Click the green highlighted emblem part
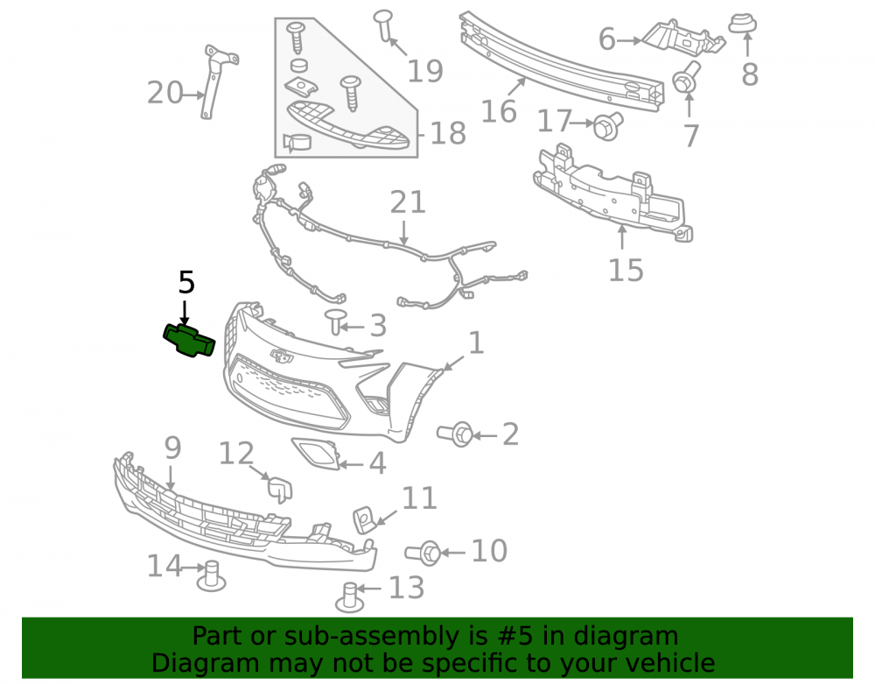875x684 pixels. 189,340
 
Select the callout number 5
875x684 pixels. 186,282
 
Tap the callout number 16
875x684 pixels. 499,110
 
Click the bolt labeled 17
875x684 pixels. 608,126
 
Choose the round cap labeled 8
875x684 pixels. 742,24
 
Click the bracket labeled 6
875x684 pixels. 683,38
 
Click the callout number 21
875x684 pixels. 408,202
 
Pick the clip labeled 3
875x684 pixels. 335,321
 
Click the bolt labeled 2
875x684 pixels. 455,434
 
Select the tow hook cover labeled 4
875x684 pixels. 316,453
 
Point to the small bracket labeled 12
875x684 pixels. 280,488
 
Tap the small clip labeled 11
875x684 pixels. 363,518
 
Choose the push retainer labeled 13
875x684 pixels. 349,596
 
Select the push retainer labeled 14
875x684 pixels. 211,575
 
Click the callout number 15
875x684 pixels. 626,270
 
